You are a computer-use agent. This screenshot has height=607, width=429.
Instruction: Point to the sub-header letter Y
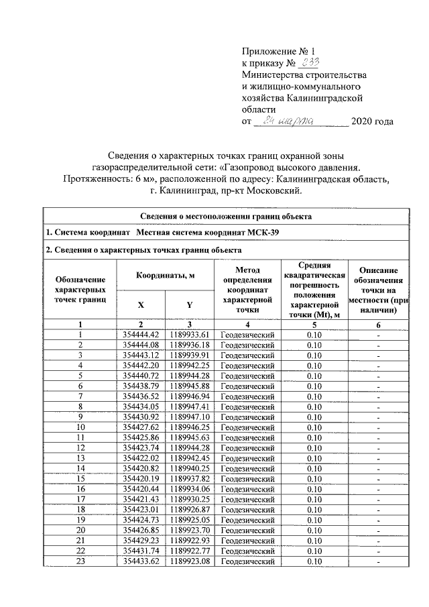190,305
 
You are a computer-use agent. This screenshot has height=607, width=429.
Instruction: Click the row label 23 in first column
80,561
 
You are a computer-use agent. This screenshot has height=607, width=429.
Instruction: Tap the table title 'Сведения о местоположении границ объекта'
225,216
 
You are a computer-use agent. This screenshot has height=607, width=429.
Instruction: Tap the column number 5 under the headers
313,323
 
